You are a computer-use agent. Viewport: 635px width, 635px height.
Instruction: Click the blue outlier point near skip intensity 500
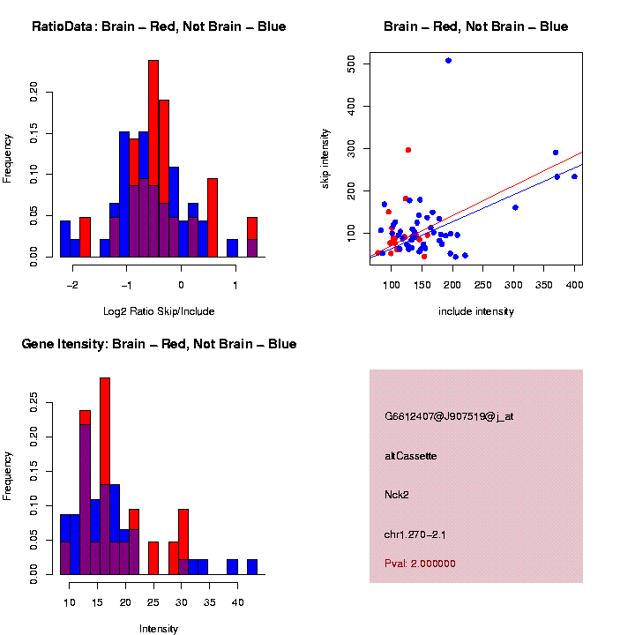[x=449, y=61]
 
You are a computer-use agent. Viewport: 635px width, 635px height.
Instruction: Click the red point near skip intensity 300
[x=408, y=150]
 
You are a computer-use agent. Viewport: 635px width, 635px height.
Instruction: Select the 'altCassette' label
[x=410, y=456]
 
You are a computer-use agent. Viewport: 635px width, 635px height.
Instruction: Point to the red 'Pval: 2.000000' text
[x=420, y=564]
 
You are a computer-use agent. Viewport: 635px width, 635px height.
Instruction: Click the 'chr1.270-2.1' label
[x=420, y=534]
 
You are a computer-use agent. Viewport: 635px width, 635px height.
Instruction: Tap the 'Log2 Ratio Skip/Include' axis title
[x=158, y=310]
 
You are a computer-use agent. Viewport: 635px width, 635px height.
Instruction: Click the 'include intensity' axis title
[x=475, y=310]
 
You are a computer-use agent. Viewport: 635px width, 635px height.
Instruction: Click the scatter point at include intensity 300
[x=515, y=207]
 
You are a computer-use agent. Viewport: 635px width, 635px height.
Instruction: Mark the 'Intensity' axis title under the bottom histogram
[x=158, y=629]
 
